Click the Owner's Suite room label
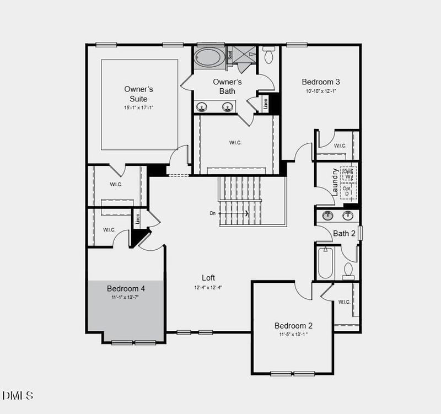click(x=138, y=93)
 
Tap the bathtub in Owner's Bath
click(x=209, y=57)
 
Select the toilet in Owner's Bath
click(x=269, y=55)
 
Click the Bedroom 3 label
click(x=321, y=82)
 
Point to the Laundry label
click(x=335, y=182)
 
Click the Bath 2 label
click(x=344, y=233)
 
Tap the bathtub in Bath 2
click(x=325, y=264)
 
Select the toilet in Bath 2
click(x=348, y=270)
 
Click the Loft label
click(x=208, y=278)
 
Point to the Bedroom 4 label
click(x=126, y=288)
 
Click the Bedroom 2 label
click(x=293, y=325)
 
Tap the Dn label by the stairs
click(x=212, y=213)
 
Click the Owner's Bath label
click(x=227, y=87)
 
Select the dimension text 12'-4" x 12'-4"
click(x=208, y=287)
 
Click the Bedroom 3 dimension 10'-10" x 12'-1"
click(x=321, y=91)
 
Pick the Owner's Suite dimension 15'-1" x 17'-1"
click(x=138, y=107)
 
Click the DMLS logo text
click(x=18, y=395)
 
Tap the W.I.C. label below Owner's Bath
click(x=235, y=143)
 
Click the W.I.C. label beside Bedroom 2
click(x=344, y=302)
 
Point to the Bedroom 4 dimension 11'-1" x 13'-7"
click(x=126, y=298)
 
